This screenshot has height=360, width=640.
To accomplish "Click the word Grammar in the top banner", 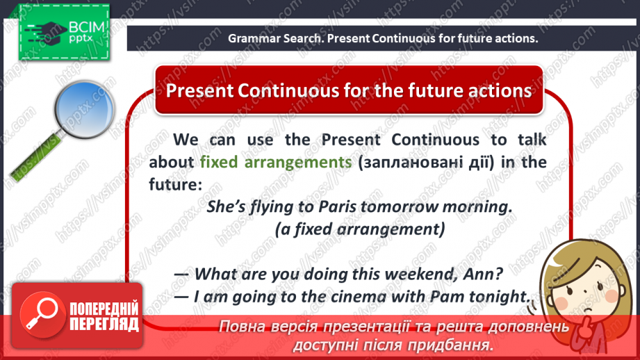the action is coord(254,38).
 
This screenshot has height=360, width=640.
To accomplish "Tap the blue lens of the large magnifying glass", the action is coord(85,109).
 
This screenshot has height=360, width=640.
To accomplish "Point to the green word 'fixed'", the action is coord(219,162).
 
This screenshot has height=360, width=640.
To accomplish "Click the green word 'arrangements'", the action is coord(298,163).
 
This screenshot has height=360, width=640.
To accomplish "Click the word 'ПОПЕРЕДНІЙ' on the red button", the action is coord(104,309).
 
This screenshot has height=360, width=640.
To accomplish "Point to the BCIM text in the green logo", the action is coord(87,27).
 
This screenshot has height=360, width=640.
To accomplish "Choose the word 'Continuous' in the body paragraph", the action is coord(435,140).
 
